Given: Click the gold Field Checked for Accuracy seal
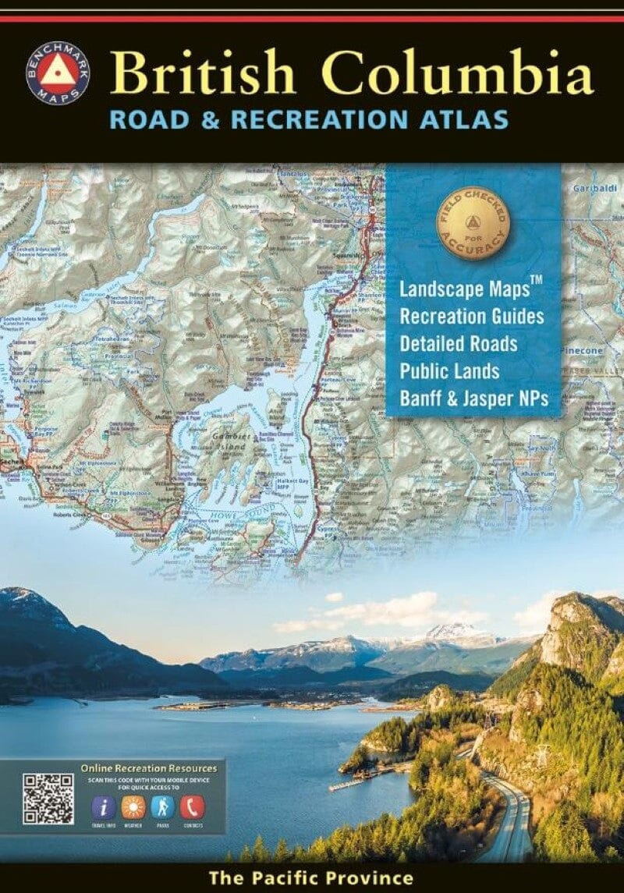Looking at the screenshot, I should [x=473, y=223].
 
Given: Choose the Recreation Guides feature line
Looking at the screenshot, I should [x=471, y=317].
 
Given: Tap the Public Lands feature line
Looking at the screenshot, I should [x=449, y=372].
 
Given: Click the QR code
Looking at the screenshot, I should [x=48, y=798].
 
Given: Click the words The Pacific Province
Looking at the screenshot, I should [x=310, y=878].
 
